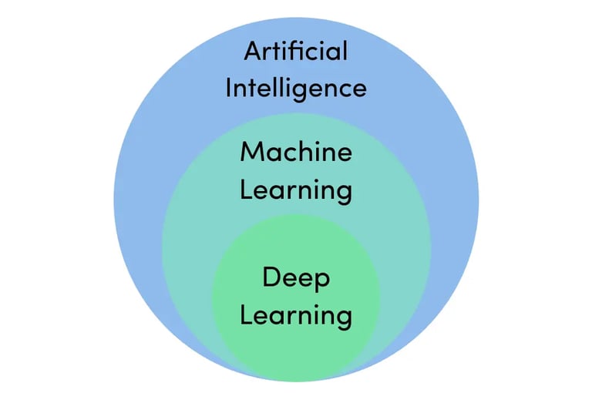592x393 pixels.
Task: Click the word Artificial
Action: [x=296, y=52]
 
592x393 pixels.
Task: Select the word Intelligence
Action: [x=296, y=88]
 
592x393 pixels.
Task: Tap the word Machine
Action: [x=296, y=152]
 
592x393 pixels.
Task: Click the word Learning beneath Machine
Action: [x=296, y=190]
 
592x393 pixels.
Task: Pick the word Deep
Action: [x=296, y=277]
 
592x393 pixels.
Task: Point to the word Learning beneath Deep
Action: [x=296, y=315]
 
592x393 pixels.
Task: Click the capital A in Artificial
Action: [x=254, y=52]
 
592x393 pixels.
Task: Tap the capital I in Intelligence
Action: [x=228, y=87]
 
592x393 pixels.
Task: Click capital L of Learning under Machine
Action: [x=245, y=189]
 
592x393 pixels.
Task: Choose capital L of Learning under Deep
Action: [x=245, y=314]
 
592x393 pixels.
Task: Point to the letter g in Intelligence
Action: [x=302, y=92]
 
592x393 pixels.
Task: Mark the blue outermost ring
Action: [x=139, y=200]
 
